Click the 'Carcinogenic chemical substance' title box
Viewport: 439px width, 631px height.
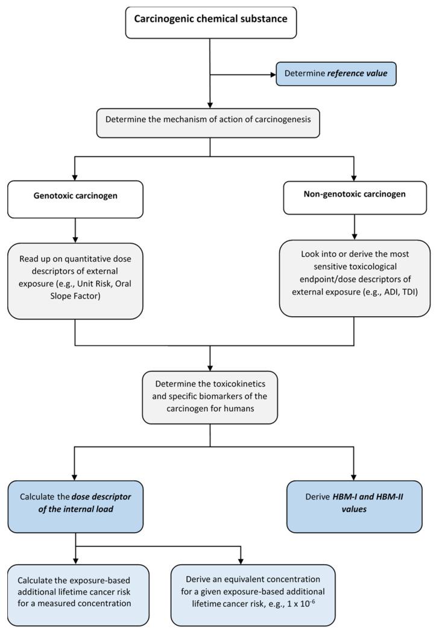(210, 19)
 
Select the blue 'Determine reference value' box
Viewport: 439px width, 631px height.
(336, 74)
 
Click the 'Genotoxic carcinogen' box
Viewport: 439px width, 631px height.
(75, 198)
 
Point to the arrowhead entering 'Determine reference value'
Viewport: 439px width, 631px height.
(272, 75)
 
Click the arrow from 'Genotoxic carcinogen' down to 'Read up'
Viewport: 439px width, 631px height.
(75, 230)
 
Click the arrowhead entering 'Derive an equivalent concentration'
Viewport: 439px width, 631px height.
(241, 559)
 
